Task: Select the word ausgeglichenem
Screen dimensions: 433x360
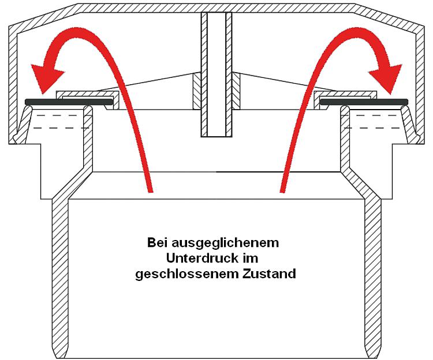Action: pos(225,244)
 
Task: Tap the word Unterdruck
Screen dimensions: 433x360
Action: pos(203,258)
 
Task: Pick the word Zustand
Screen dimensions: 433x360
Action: pos(269,274)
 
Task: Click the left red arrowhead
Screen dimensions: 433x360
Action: pos(46,78)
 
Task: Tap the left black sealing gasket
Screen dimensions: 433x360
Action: pos(69,102)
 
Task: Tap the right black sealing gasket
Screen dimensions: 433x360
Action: pos(364,102)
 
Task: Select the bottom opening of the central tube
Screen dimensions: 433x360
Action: pos(216,136)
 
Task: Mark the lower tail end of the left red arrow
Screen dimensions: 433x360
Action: pos(151,191)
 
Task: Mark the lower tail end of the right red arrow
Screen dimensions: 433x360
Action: pos(282,191)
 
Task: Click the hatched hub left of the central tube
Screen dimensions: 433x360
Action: pos(197,91)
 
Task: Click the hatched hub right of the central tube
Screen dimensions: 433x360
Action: pos(236,91)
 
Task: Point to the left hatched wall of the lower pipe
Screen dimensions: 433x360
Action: pos(60,276)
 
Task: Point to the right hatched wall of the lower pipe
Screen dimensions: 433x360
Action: pos(373,276)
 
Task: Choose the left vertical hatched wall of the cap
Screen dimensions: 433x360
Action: pos(13,82)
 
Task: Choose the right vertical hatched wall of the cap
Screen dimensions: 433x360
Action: pos(420,82)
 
